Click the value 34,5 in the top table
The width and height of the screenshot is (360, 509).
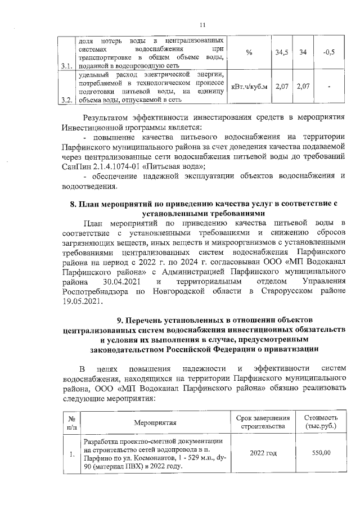point(282,52)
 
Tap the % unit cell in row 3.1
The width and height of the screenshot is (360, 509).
point(248,52)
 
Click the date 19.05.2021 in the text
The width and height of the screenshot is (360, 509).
point(80,301)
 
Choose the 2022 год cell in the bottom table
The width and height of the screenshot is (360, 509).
point(263,453)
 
